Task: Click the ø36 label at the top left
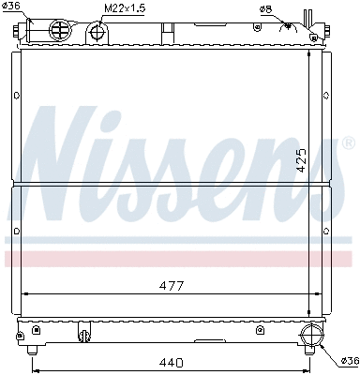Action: (x=13, y=7)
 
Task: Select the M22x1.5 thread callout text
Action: (x=124, y=9)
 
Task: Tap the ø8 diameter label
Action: (x=266, y=9)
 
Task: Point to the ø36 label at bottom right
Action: (x=348, y=360)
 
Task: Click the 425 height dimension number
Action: (x=302, y=159)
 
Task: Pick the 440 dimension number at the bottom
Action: (x=171, y=361)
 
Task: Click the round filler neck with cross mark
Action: (x=59, y=31)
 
